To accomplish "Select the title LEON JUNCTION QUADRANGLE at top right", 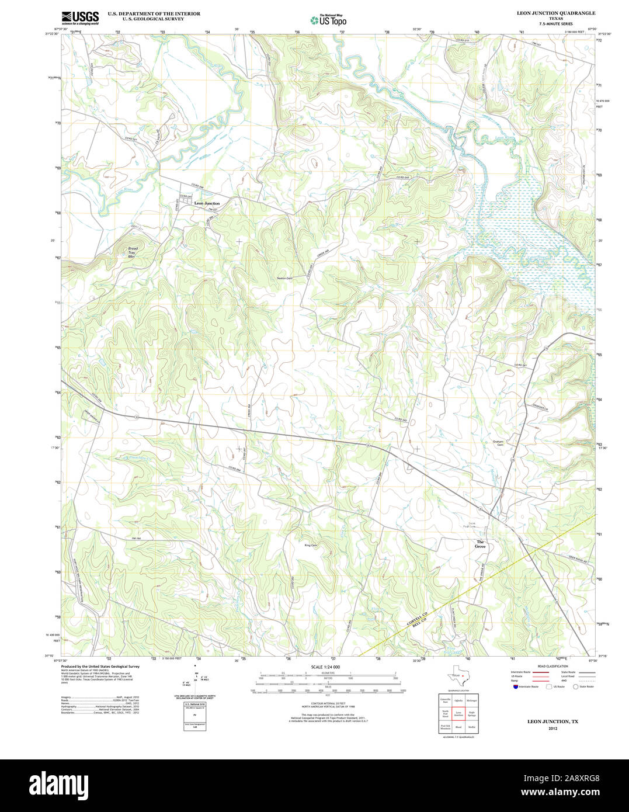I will coord(547,13).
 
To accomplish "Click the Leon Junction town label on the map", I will coord(207,203).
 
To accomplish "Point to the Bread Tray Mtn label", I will coord(133,252).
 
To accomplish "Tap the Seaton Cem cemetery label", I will coord(284,279).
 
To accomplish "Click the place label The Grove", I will coord(480,544).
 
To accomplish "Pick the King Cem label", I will coord(311,546).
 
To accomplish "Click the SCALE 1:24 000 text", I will coord(325,667).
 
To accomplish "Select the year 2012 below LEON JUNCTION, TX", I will coord(552,728).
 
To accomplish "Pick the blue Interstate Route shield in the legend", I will coord(515,686).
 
